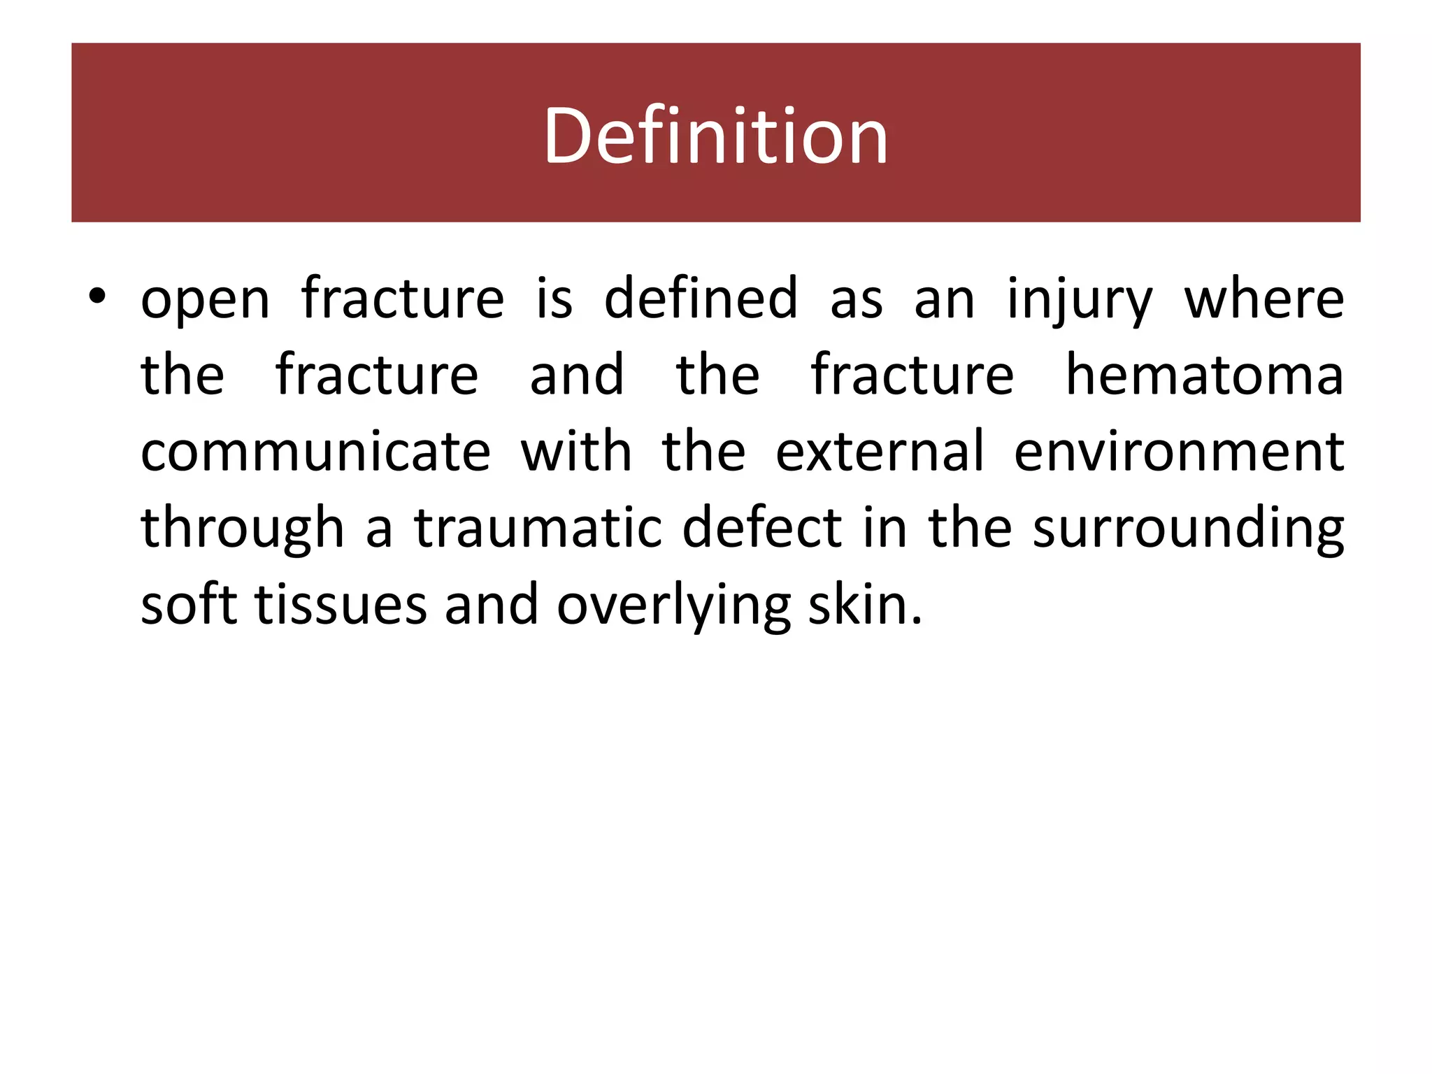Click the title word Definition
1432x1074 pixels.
point(715,136)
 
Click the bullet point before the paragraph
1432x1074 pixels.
point(97,298)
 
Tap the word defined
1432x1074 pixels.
point(700,298)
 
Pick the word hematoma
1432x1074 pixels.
point(1204,375)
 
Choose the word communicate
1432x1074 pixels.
point(315,451)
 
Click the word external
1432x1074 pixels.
point(880,451)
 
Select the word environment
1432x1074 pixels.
point(1179,452)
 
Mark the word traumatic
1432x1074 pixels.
point(538,527)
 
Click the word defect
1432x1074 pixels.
point(761,527)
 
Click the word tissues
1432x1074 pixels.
point(341,605)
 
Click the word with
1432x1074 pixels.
point(576,451)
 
